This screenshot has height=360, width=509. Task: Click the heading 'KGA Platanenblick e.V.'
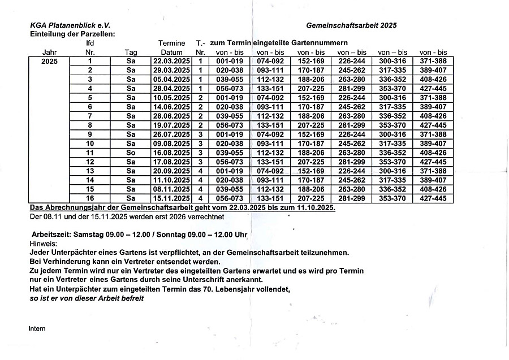(71, 25)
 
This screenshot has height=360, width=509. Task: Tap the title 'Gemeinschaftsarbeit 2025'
(351, 25)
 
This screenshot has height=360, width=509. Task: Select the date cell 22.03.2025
(171, 61)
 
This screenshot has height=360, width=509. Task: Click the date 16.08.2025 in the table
(171, 153)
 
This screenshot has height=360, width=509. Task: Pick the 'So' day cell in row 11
(131, 153)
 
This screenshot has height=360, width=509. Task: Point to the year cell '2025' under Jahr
(49, 61)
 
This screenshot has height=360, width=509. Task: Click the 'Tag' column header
(131, 52)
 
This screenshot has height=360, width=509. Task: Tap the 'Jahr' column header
(49, 52)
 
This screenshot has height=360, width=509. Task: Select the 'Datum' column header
(171, 52)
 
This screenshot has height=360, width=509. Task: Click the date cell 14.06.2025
(171, 107)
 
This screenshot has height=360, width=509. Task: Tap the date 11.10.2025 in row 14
(171, 180)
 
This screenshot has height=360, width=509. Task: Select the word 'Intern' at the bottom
(37, 328)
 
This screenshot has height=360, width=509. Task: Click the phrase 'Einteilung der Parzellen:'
(72, 34)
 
